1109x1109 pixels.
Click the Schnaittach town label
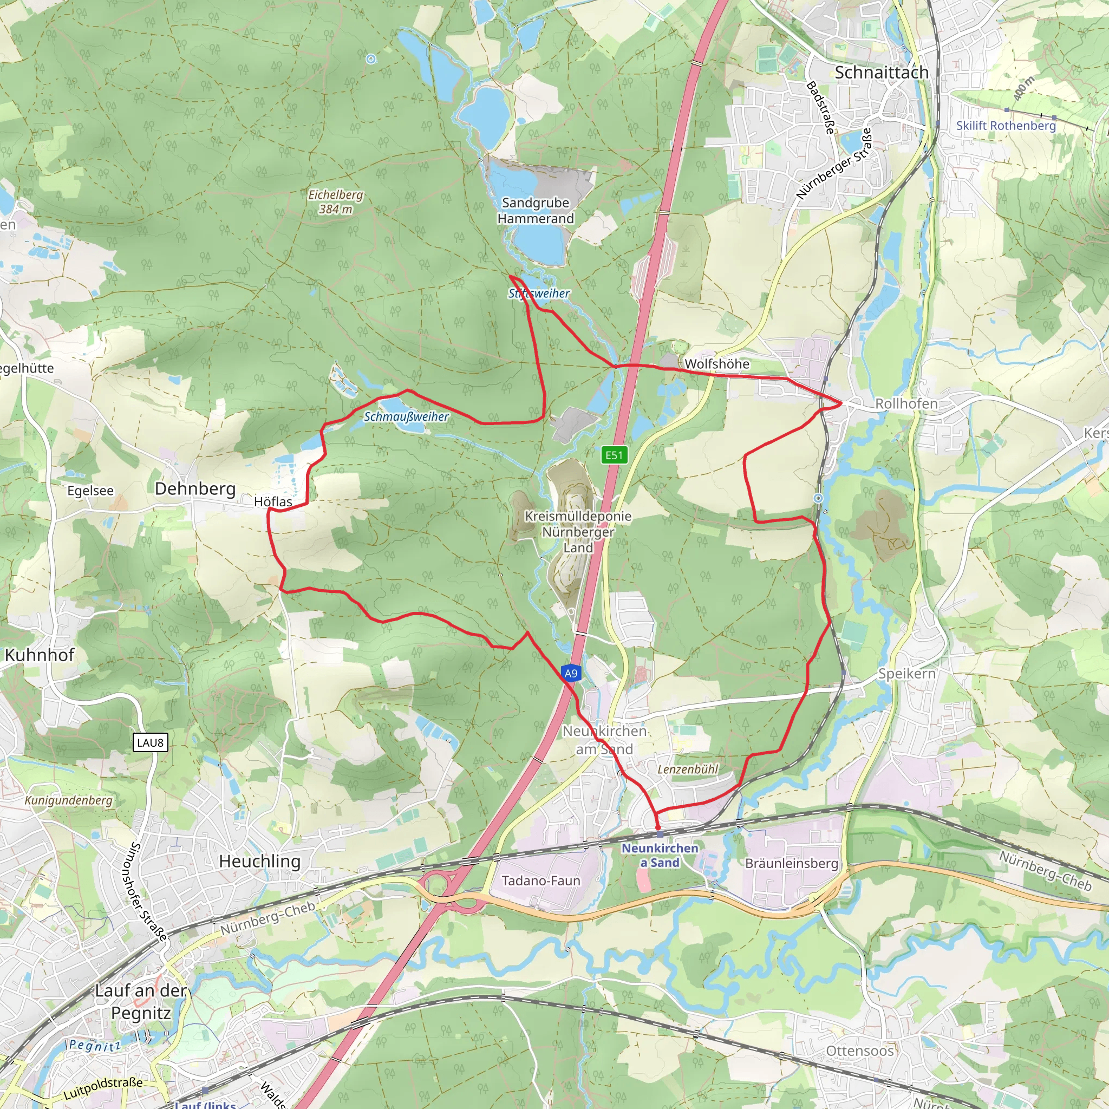881,73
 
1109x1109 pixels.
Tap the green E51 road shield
614,455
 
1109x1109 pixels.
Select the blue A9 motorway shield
571,673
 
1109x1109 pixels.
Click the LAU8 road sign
150,743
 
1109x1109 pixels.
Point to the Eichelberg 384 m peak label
336,201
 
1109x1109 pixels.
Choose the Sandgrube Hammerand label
536,211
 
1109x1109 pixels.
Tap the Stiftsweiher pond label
539,293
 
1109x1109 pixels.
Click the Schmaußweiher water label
407,416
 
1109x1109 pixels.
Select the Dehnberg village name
195,488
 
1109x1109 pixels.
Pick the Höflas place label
273,501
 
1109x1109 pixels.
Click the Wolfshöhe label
717,364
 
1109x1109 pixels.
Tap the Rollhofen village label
906,403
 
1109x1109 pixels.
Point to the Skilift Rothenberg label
1006,126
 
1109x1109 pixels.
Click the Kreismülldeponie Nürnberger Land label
578,532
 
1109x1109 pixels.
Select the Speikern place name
907,673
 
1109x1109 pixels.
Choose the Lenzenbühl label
688,769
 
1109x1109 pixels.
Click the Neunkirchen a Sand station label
660,855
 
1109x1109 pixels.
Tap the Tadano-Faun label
541,880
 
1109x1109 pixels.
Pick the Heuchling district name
260,861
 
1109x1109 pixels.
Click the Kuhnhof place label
40,655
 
